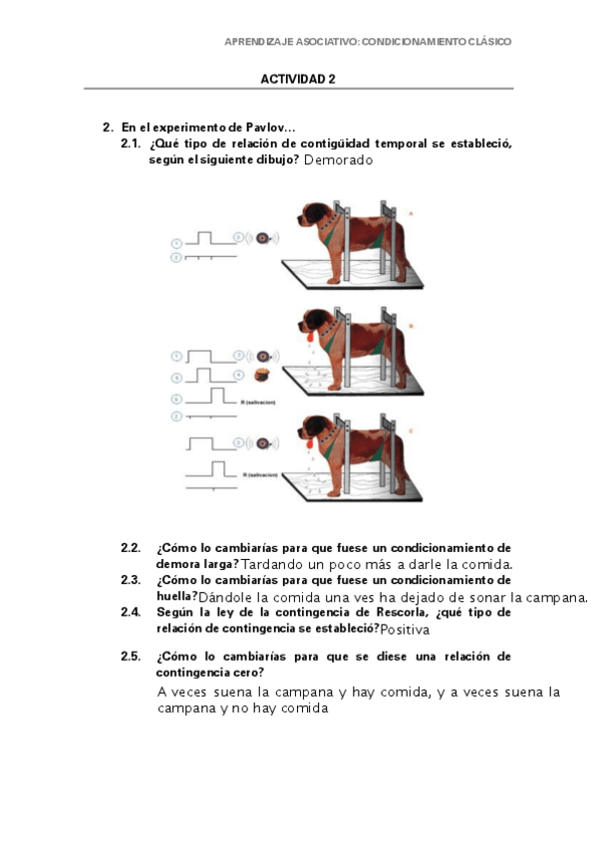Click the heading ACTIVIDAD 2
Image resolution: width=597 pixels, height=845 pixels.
coord(298,79)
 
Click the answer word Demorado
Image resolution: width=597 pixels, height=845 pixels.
coord(338,160)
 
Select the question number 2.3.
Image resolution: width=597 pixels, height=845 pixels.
coord(131,580)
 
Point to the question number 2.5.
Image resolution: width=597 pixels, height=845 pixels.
coord(131,657)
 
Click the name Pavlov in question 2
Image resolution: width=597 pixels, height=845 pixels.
coord(267,128)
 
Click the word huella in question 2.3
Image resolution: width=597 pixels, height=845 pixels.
coord(175,596)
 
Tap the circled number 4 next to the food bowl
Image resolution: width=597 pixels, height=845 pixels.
coord(238,375)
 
